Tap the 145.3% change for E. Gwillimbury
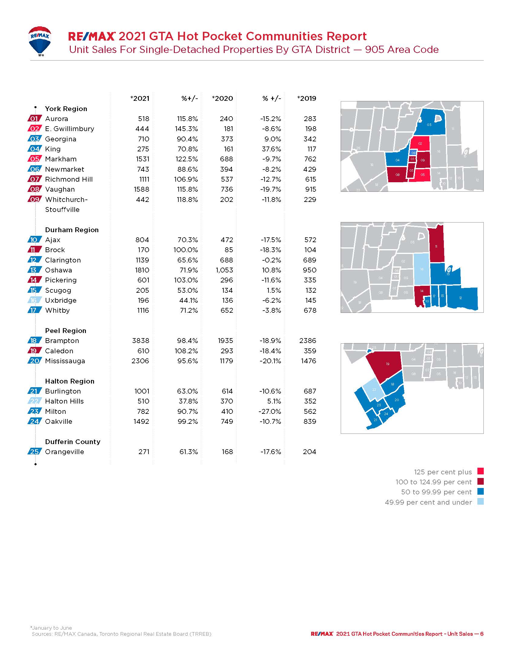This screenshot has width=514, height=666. [186, 129]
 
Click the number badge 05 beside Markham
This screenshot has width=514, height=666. [34, 159]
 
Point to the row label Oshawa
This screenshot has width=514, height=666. [58, 270]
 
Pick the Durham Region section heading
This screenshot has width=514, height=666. [72, 230]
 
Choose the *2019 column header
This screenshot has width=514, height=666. [307, 98]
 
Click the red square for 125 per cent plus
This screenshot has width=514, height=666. [480, 471]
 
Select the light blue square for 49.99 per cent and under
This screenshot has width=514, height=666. [480, 502]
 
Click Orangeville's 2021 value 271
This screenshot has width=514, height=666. [144, 452]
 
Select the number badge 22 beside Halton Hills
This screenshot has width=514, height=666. [34, 401]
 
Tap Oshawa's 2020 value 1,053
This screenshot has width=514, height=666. [224, 270]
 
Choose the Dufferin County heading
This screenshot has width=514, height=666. [73, 442]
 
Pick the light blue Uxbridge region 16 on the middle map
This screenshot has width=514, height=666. [422, 269]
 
